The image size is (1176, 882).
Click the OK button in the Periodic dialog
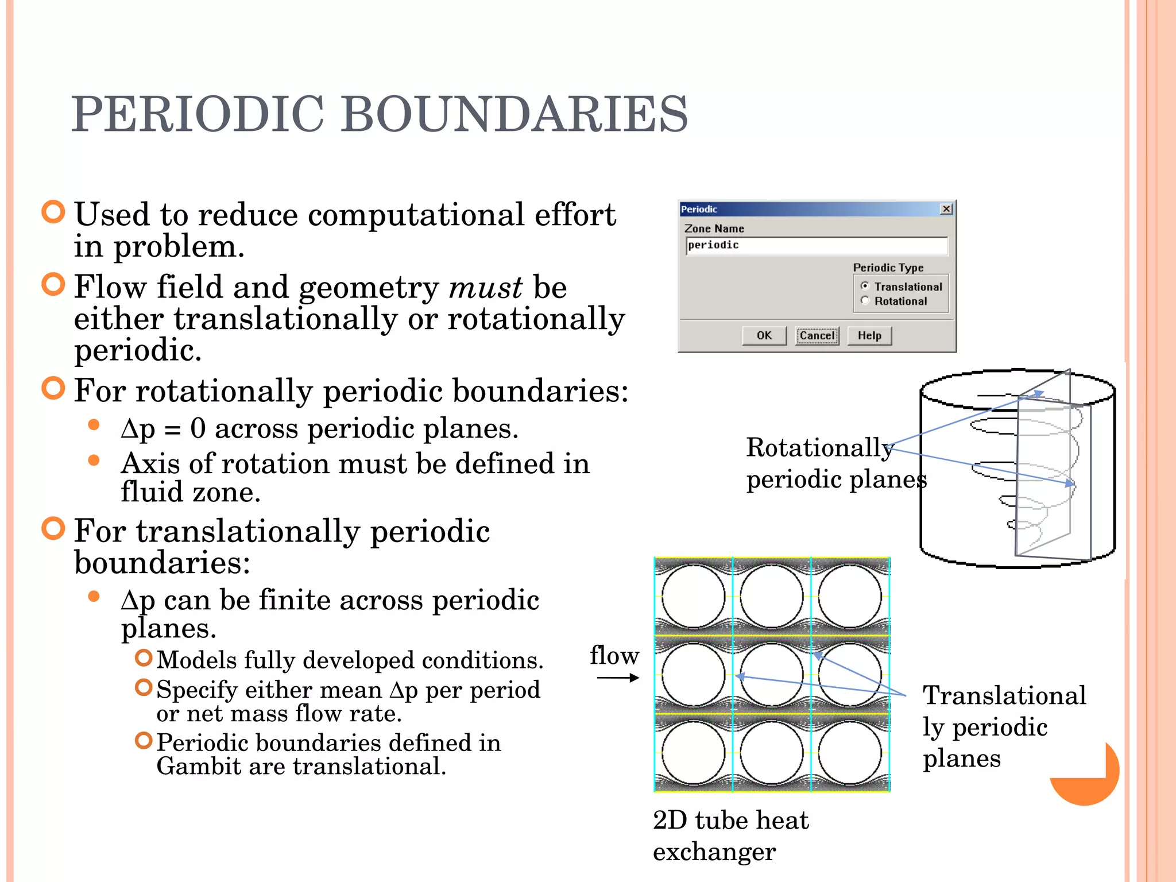764,336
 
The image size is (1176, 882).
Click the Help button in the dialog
869,336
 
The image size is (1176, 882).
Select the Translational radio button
865,286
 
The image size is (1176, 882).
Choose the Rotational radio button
865,300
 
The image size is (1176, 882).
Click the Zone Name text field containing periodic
816,246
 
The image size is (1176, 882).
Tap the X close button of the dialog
946,209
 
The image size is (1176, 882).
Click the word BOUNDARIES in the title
514,114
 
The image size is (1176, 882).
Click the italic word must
485,288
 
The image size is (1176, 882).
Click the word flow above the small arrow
614,656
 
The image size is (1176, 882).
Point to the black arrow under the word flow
618,678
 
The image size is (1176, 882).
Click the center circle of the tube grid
772,675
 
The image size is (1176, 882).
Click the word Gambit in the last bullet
198,767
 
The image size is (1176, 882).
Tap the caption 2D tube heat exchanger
730,835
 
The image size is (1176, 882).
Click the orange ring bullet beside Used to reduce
53,212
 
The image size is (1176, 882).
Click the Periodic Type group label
888,268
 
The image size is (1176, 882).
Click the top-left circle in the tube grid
694,597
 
